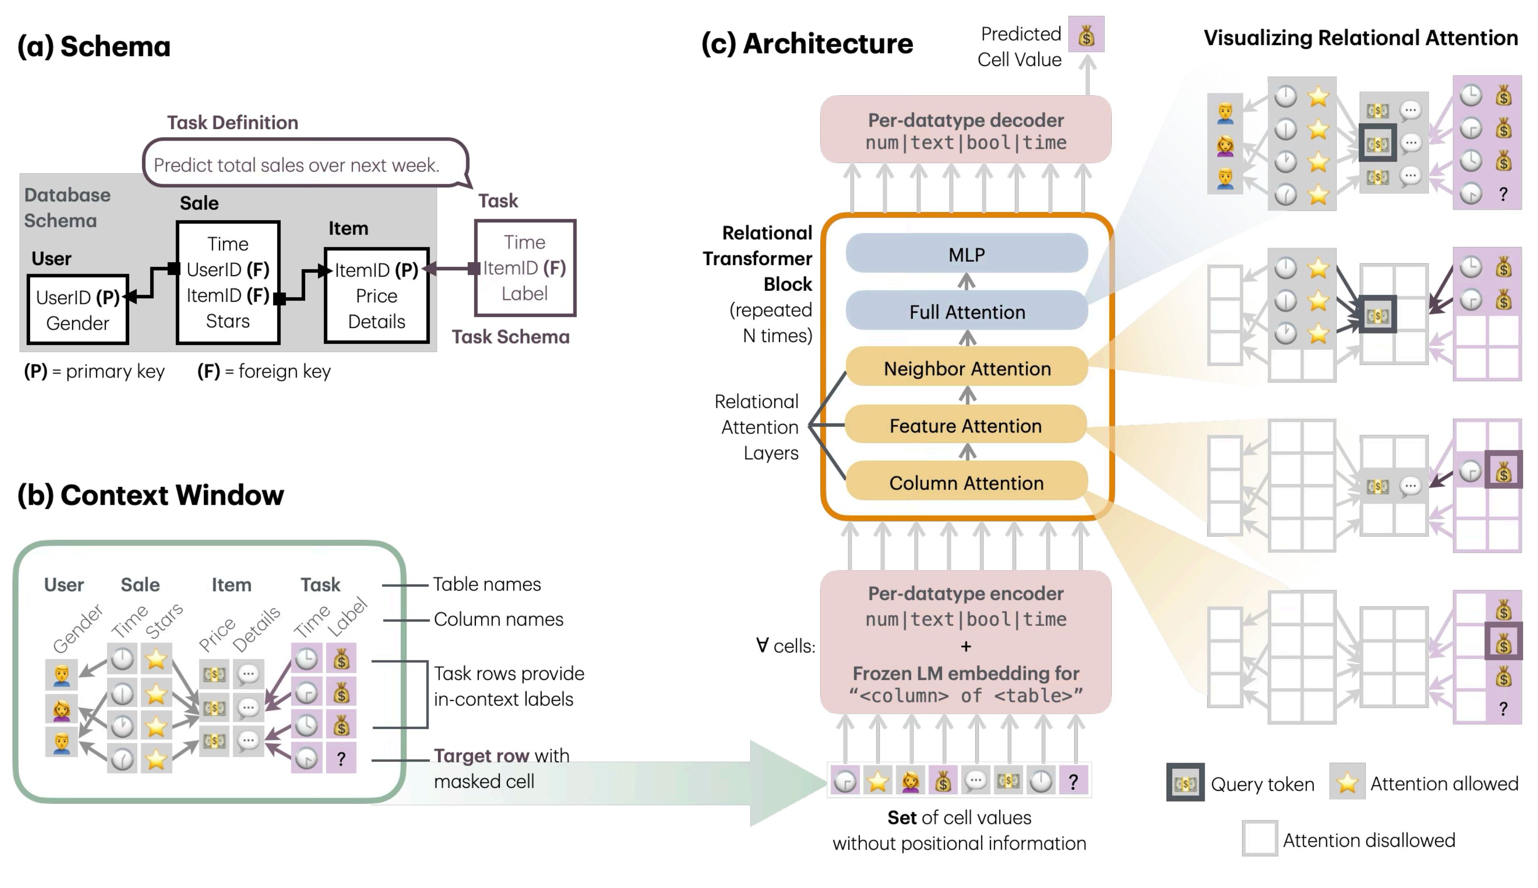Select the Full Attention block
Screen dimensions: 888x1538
966,311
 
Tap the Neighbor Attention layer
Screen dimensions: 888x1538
966,368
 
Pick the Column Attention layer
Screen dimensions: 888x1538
966,482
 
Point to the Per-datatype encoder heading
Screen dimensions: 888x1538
966,593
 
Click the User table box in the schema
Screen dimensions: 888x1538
78,310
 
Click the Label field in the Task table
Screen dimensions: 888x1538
524,293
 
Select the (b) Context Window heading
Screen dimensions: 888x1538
151,495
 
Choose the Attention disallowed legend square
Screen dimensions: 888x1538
1259,839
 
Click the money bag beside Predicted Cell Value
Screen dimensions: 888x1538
1086,35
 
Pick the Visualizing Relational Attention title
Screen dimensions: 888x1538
1360,38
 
